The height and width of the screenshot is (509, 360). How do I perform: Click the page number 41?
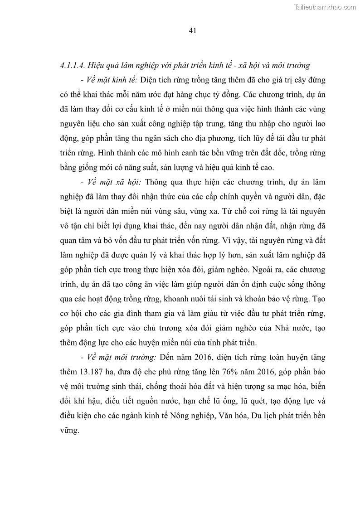[192, 31]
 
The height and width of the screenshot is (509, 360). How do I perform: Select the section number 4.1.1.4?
[73, 65]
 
